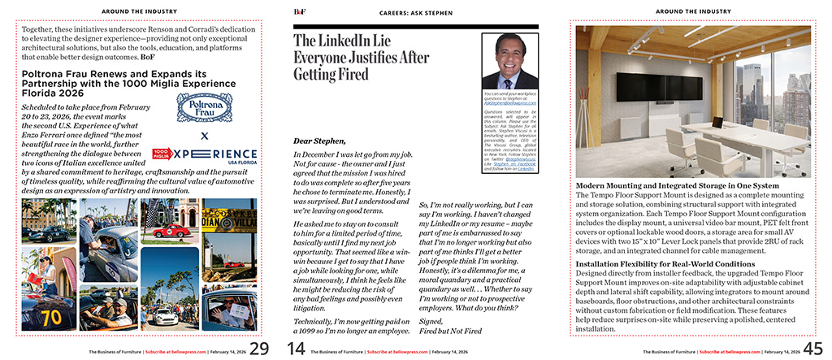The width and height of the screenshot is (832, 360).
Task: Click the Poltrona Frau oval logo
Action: coord(203,109)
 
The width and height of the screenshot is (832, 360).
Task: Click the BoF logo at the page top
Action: coord(300,11)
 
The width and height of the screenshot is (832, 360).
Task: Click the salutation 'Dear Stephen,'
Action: coord(319,141)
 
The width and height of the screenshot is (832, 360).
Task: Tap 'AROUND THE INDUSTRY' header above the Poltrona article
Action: coord(134,11)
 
